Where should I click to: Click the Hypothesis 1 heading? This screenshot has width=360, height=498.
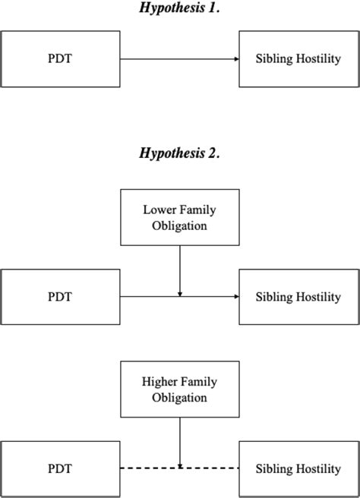tap(179, 8)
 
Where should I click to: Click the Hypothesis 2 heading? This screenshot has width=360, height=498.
tap(179, 153)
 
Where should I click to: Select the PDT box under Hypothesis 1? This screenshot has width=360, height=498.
tap(60, 59)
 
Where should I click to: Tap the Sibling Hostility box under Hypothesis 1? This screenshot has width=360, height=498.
tap(298, 59)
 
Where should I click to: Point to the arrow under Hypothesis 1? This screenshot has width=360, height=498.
tap(179, 59)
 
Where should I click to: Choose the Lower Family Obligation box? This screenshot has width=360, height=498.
tap(179, 217)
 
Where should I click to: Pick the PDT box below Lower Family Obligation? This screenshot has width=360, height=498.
tap(60, 296)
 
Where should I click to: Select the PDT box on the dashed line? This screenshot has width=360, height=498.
tap(60, 468)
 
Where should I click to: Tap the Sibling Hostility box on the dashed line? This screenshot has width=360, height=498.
tap(298, 468)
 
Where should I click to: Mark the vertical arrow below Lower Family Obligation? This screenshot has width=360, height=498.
tap(179, 269)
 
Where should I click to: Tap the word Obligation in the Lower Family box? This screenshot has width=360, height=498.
tap(179, 225)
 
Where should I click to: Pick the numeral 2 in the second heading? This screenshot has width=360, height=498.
tap(213, 153)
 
